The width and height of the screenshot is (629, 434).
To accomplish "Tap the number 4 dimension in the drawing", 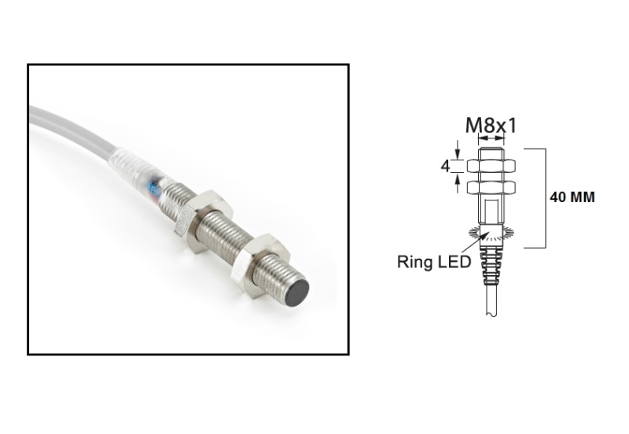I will click(445, 167).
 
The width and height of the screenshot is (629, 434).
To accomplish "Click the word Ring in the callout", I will click(416, 262).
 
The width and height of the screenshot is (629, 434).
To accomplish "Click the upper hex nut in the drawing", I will click(492, 166).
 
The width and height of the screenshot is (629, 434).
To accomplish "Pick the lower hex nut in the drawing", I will click(492, 187).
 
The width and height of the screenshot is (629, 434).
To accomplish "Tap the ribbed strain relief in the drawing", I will click(491, 271).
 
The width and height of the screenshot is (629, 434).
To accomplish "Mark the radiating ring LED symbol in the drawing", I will click(491, 234).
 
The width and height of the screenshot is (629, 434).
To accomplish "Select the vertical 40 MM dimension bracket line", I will click(545, 197).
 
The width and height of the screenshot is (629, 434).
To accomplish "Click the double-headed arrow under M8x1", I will click(492, 138).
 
